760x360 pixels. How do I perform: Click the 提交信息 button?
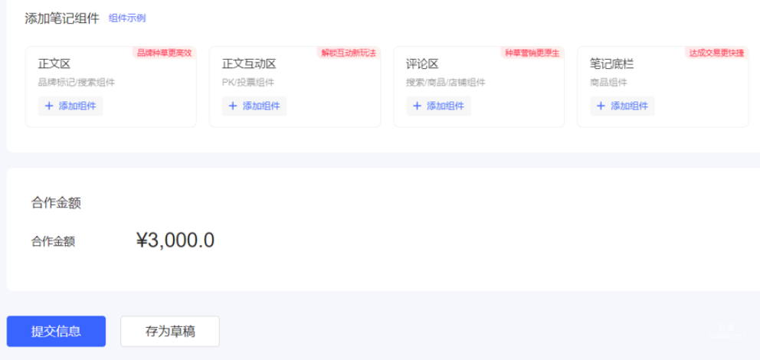point(56,332)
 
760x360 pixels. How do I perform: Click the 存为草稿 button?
point(170,332)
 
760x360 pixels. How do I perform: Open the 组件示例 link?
point(127,18)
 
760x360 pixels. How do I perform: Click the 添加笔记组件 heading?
point(62,18)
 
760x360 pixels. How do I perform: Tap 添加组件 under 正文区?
point(70,106)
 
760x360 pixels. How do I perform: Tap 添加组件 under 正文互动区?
point(254,106)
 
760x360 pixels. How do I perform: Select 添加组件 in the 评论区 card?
point(438,106)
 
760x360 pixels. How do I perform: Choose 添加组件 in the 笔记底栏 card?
point(622,106)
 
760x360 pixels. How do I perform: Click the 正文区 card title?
point(54,64)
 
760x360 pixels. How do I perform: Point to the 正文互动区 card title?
point(249,64)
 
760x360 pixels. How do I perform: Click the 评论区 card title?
point(422,64)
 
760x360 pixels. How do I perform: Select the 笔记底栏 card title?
point(611,64)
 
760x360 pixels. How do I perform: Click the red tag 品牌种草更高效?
point(164,53)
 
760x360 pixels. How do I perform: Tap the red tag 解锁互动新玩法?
point(349,53)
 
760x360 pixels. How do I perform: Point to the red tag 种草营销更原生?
point(532,53)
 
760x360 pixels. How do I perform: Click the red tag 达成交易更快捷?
point(716,53)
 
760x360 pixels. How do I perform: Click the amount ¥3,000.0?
point(175,241)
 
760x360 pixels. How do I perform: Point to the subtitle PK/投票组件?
point(248,83)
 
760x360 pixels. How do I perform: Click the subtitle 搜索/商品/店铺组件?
point(446,83)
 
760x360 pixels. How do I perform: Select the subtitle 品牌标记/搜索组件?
point(77,83)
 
